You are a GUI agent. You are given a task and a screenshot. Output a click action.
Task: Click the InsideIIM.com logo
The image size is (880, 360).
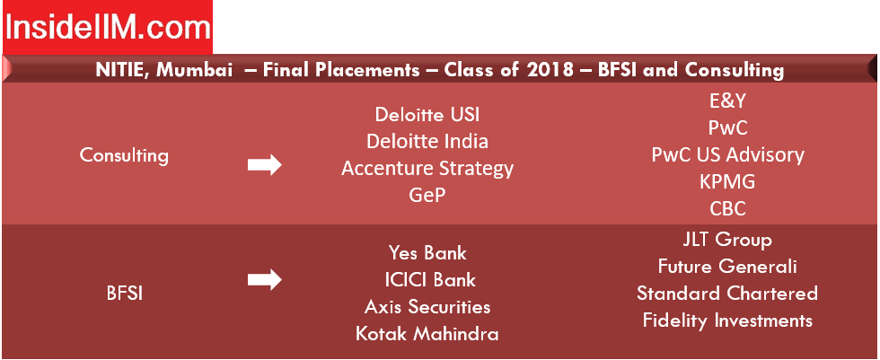click(x=108, y=27)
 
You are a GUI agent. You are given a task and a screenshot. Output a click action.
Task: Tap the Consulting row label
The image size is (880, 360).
click(x=124, y=155)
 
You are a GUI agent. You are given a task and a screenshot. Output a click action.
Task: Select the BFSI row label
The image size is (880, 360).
click(x=125, y=294)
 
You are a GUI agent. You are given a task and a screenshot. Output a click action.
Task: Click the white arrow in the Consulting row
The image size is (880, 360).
click(x=264, y=165)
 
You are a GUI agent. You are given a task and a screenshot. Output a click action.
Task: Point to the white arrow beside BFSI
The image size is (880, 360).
click(x=264, y=279)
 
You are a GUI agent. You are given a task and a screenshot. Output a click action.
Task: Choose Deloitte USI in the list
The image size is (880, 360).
click(x=427, y=114)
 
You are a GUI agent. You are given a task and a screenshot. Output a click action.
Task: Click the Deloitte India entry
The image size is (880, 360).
click(x=427, y=141)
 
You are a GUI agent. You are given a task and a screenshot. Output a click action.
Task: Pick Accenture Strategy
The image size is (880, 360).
click(x=427, y=168)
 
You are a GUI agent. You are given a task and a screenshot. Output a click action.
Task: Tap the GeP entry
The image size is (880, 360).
click(x=427, y=195)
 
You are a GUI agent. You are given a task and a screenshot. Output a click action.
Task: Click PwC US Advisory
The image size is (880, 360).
click(x=727, y=154)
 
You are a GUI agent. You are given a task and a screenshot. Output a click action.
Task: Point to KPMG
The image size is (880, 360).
click(x=727, y=181)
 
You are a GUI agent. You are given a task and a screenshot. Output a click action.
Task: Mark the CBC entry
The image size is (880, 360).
click(x=727, y=208)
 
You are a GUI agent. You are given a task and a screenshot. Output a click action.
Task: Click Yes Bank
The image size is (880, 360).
click(x=427, y=253)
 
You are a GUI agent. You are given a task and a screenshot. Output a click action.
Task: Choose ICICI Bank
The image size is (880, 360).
click(x=427, y=279)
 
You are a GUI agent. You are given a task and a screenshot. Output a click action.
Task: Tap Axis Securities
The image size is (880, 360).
click(x=427, y=307)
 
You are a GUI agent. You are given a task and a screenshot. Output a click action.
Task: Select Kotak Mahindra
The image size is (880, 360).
click(x=427, y=334)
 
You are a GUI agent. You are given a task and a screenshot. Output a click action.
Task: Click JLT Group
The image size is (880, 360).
click(x=727, y=240)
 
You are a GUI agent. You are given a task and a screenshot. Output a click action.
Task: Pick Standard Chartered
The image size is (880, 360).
click(x=727, y=294)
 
